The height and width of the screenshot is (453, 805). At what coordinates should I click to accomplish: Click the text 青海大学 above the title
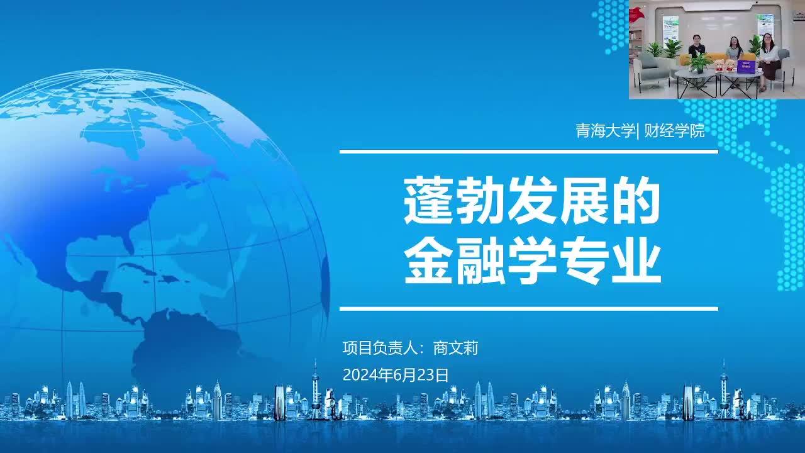click(605, 130)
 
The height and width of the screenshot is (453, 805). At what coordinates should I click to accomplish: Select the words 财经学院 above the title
click(675, 130)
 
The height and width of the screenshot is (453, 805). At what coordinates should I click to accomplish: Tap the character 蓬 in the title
click(429, 200)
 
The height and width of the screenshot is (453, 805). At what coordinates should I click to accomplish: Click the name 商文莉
click(456, 348)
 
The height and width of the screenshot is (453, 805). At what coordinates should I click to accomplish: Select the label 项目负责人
click(379, 348)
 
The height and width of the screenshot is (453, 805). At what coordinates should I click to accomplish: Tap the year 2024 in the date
click(360, 376)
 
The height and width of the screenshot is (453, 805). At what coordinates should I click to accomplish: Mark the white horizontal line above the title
click(529, 152)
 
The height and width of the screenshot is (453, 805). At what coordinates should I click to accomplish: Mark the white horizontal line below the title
click(529, 309)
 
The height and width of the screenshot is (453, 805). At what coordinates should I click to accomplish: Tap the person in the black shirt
click(696, 48)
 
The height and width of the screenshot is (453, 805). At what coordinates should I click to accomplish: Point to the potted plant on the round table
click(698, 62)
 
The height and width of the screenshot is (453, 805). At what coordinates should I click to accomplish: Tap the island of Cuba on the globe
click(138, 268)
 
